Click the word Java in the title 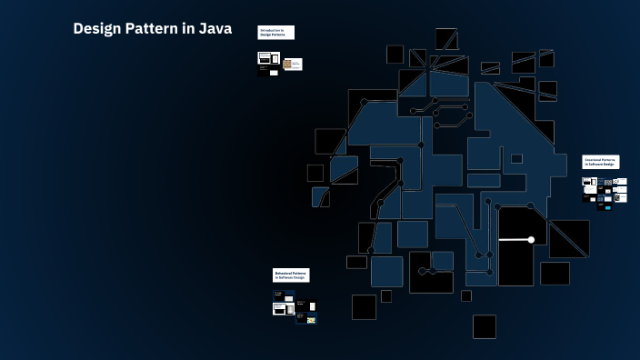point(215,29)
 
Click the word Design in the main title point(97,29)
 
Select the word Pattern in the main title point(155,29)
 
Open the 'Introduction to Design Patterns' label point(275,33)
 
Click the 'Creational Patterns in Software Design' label point(600,162)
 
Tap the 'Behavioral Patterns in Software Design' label point(291,275)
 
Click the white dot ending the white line point(531,240)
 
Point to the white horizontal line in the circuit point(515,240)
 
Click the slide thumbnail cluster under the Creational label point(604,192)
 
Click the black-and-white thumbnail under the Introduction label point(265,61)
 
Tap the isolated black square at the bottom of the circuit point(485,326)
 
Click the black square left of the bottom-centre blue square point(364,306)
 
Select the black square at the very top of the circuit point(445,38)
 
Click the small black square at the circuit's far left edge point(315,173)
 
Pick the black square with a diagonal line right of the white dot point(569,238)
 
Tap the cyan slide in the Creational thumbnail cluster point(607,207)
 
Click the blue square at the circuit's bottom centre point(386,271)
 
